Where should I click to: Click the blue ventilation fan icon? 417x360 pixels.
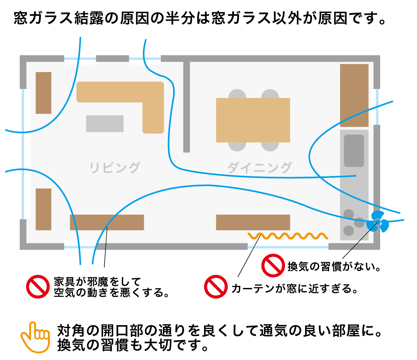378,222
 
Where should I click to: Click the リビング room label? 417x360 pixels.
115,167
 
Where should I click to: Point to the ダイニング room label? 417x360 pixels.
259,167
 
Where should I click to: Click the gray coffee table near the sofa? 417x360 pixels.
105,124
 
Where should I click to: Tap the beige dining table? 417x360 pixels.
253,120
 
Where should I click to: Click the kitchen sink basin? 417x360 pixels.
354,151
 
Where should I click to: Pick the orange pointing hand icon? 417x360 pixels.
35,337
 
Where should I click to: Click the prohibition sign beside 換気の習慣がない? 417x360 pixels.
273,266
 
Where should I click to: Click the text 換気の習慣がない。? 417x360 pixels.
334,267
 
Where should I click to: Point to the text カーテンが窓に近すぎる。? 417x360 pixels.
295,288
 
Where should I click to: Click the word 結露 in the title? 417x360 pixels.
89,18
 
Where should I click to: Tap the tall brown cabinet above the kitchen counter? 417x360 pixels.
354,95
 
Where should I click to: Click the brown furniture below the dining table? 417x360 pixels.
253,222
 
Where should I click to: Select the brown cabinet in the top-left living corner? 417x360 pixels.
43,93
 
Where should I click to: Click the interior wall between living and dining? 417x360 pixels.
187,107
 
